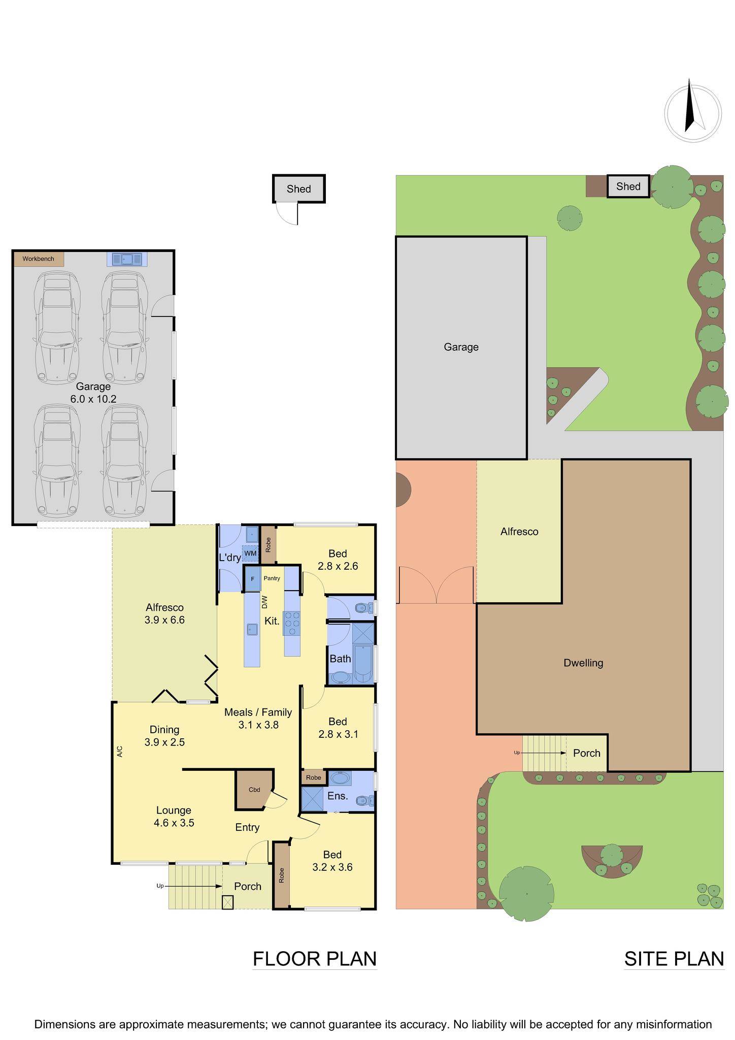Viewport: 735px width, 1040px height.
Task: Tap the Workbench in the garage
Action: click(38, 259)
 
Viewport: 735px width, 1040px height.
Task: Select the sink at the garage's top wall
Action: click(127, 259)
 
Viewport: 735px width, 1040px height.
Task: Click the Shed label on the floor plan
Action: click(298, 189)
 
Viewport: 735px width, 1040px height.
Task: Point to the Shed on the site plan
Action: click(628, 186)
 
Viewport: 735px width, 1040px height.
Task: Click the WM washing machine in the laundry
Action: click(250, 553)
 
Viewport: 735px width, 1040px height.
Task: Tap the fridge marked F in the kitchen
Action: click(252, 579)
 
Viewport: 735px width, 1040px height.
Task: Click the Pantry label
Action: click(272, 578)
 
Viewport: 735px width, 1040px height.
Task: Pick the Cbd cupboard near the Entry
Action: click(254, 790)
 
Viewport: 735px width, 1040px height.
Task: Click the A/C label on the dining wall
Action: click(120, 752)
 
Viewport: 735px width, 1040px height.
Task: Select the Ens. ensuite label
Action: click(337, 796)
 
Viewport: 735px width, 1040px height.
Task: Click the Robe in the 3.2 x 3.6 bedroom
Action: click(281, 874)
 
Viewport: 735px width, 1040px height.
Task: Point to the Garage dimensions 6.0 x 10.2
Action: click(93, 399)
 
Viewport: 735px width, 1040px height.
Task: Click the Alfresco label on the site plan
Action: click(519, 532)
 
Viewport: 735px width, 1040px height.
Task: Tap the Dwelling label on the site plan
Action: click(583, 663)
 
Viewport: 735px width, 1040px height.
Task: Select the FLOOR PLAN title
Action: click(315, 959)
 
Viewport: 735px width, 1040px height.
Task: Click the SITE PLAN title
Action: click(674, 959)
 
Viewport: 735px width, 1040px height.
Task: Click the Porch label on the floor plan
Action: click(248, 886)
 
